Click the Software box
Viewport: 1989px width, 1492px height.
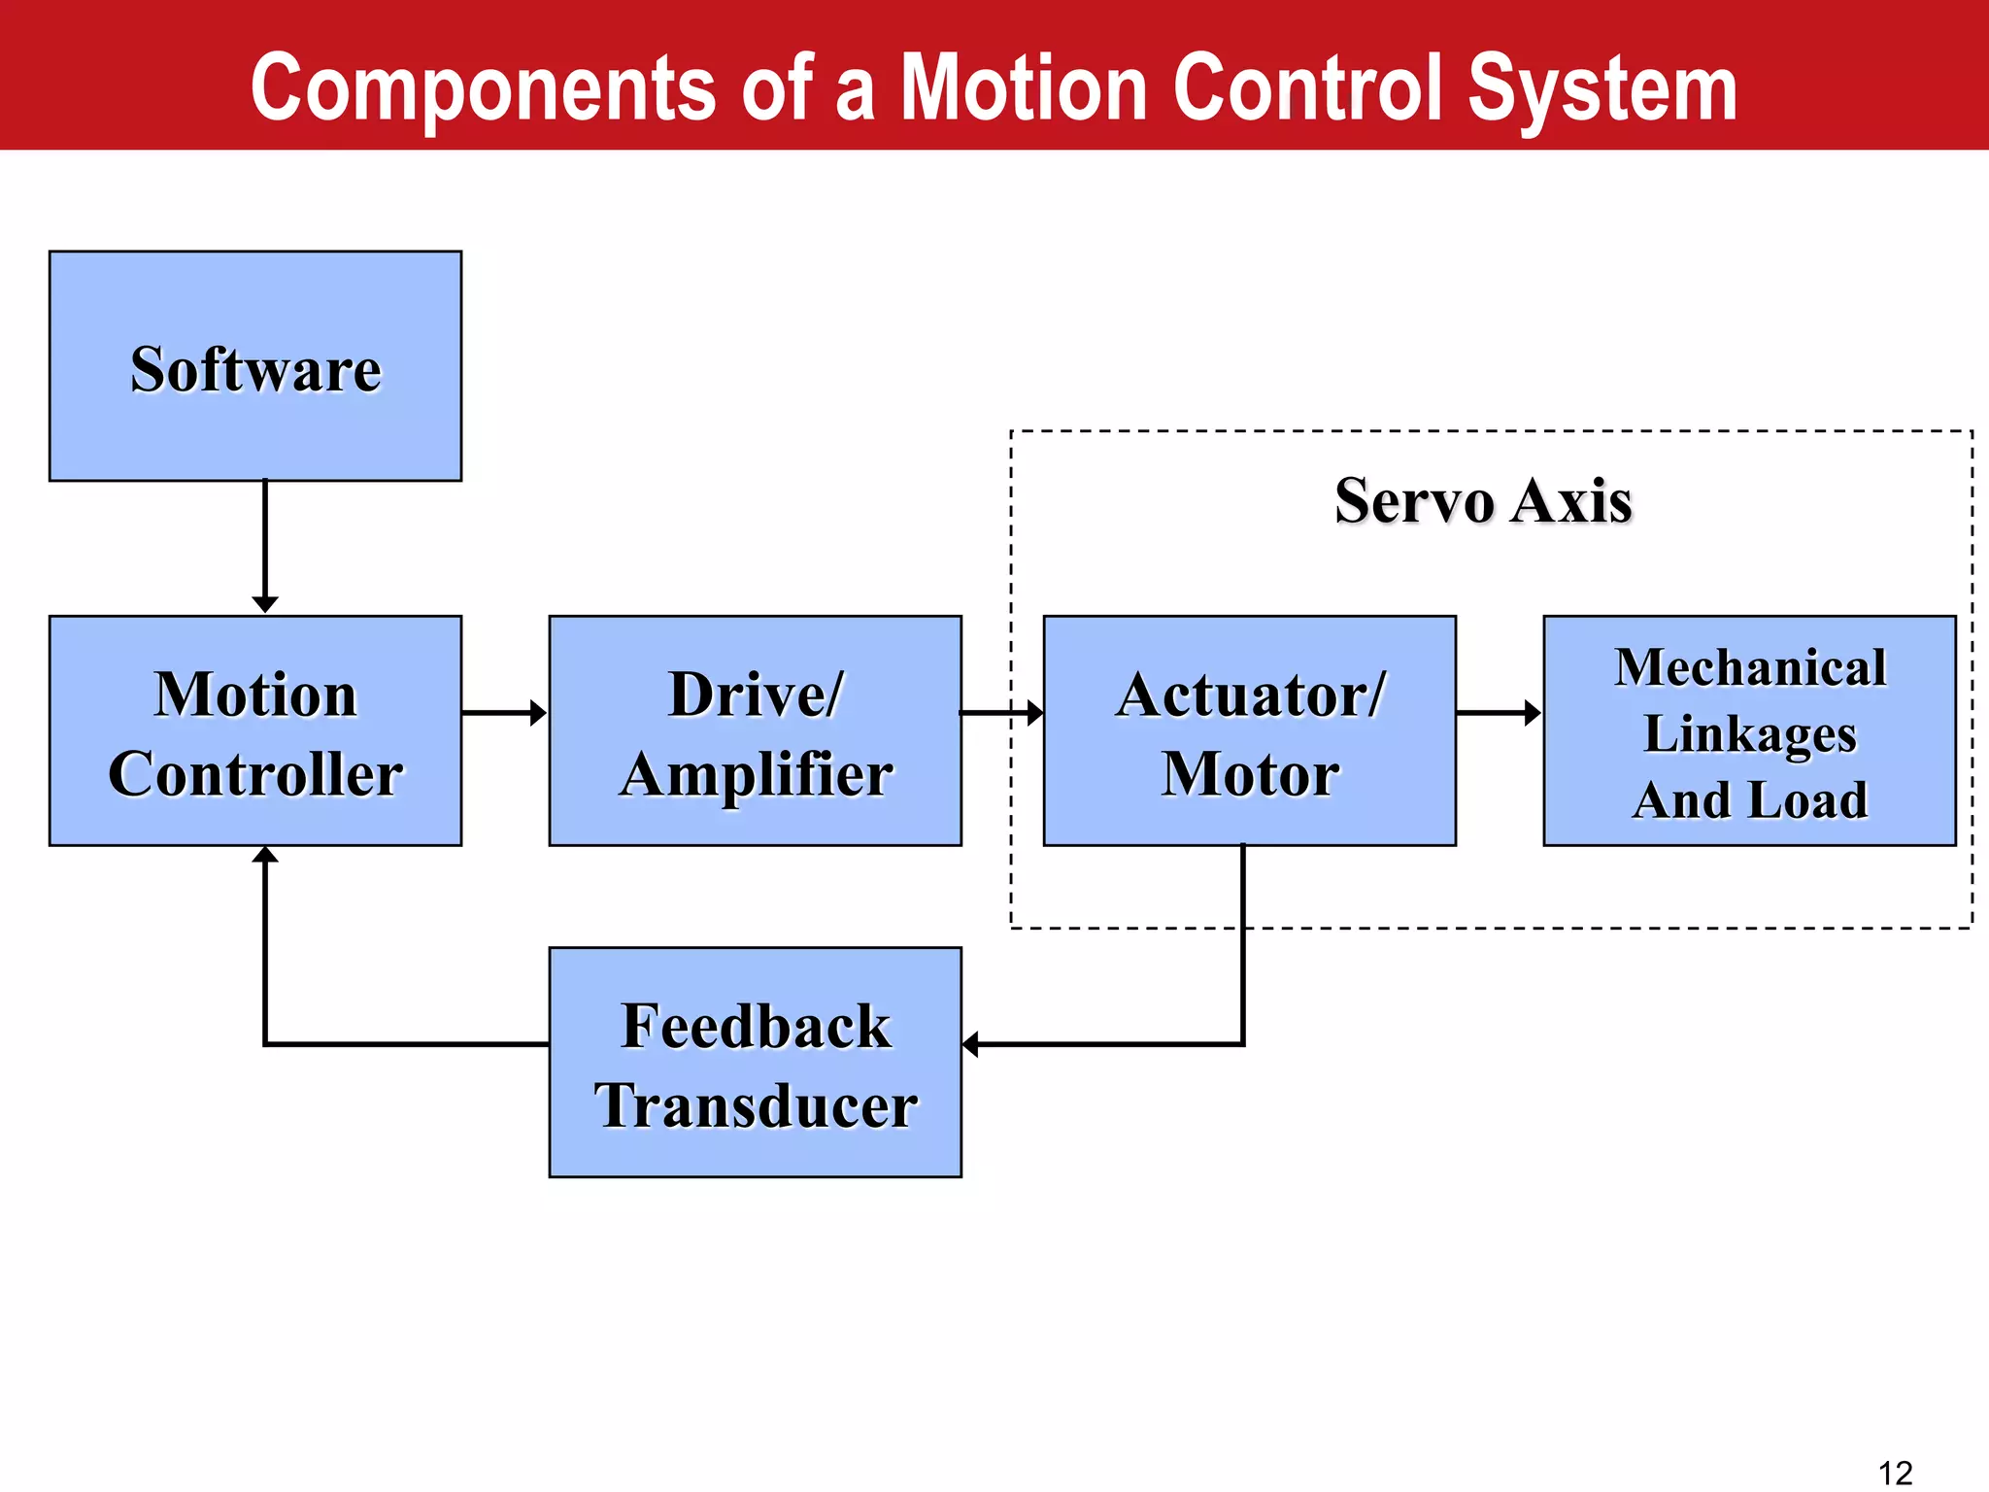coord(255,366)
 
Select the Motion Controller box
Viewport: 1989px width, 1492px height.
coord(255,730)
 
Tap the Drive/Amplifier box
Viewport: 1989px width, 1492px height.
coord(755,730)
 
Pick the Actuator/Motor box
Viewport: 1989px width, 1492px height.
coord(1249,730)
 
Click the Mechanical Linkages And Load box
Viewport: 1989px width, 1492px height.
coord(1749,730)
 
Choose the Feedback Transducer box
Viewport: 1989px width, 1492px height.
coord(755,1062)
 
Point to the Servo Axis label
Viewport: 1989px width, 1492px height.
coord(1483,501)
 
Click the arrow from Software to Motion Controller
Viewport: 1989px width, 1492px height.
coord(265,544)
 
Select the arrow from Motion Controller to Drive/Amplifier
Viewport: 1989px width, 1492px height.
coord(503,713)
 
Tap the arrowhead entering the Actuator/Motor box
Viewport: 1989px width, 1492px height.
coord(1034,713)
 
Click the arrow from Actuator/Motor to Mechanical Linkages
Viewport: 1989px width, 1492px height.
coord(1499,713)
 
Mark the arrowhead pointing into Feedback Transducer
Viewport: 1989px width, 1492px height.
coord(970,1044)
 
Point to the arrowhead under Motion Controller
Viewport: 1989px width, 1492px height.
coord(265,855)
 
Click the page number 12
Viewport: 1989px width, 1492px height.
coord(1895,1473)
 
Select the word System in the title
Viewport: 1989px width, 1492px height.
coord(1601,89)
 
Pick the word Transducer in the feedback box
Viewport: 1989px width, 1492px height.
coord(756,1105)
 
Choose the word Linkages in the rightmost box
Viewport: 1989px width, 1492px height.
coord(1749,733)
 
